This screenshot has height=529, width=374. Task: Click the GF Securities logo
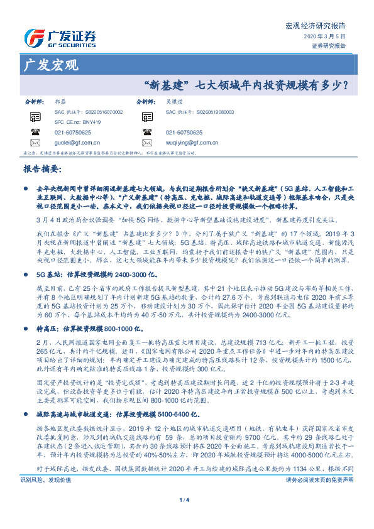[x=60, y=36]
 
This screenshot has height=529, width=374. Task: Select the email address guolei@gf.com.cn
[x=75, y=143]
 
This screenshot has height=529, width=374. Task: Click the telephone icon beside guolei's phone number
[x=35, y=133]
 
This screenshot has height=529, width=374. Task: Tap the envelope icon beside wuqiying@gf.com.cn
[x=147, y=143]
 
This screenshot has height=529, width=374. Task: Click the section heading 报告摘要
[x=42, y=169]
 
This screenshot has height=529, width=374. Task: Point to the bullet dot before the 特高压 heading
[x=25, y=310]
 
